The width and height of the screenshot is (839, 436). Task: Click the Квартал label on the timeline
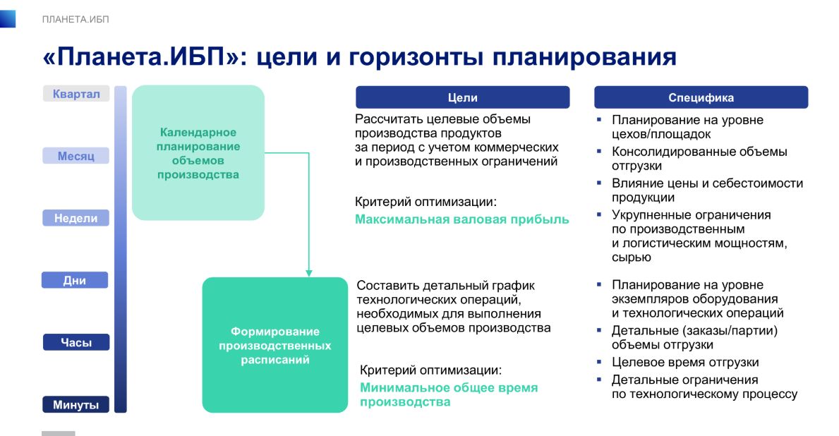point(76,94)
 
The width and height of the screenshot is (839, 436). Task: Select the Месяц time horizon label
point(76,156)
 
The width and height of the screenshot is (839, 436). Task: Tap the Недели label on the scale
point(76,218)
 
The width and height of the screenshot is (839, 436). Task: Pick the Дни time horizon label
point(75,280)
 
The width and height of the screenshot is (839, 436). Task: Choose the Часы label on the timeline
point(76,342)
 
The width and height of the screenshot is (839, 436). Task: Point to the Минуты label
point(76,404)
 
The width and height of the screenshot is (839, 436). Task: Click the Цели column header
point(463,97)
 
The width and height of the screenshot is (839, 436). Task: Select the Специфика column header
point(701,97)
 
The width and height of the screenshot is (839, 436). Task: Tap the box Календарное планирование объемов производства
point(198,153)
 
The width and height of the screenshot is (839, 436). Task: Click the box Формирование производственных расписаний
point(275,345)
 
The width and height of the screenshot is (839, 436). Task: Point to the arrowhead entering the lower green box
point(309,273)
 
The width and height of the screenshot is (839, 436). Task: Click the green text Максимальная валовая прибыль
point(461,219)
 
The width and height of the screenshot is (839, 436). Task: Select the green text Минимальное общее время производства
point(448,395)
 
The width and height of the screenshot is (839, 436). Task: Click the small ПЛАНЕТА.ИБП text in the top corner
point(76,19)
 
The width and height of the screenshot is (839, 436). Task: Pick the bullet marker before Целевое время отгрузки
point(599,362)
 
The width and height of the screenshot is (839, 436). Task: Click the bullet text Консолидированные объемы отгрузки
point(699,158)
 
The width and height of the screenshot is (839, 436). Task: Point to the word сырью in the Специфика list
point(632,258)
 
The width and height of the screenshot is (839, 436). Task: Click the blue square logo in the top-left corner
point(8,19)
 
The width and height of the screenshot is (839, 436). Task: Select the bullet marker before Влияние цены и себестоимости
point(599,183)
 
